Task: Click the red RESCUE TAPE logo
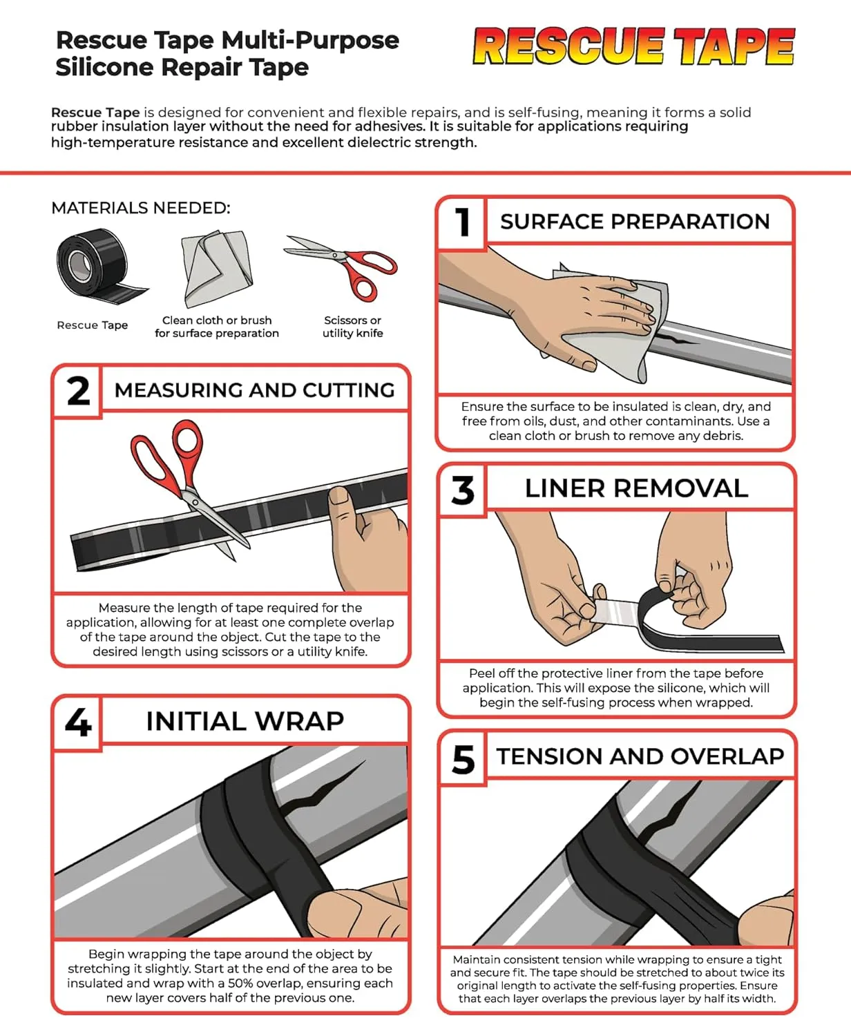(633, 47)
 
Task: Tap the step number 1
(462, 222)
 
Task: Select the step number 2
(78, 391)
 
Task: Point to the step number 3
(463, 490)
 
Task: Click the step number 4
(78, 722)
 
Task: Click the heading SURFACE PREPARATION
(635, 222)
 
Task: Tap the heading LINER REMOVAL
(636, 488)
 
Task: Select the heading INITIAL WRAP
(245, 721)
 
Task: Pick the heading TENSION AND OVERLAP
(640, 756)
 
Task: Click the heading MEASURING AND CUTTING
(254, 390)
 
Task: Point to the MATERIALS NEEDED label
(141, 208)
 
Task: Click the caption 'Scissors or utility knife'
(352, 327)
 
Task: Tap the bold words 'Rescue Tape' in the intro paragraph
(95, 113)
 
